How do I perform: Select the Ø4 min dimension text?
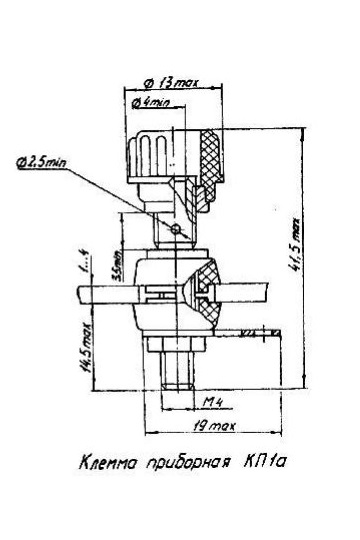[x=154, y=101]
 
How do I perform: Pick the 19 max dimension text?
[x=210, y=427]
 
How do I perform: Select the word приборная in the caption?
[x=187, y=463]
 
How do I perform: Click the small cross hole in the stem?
[x=175, y=229]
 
